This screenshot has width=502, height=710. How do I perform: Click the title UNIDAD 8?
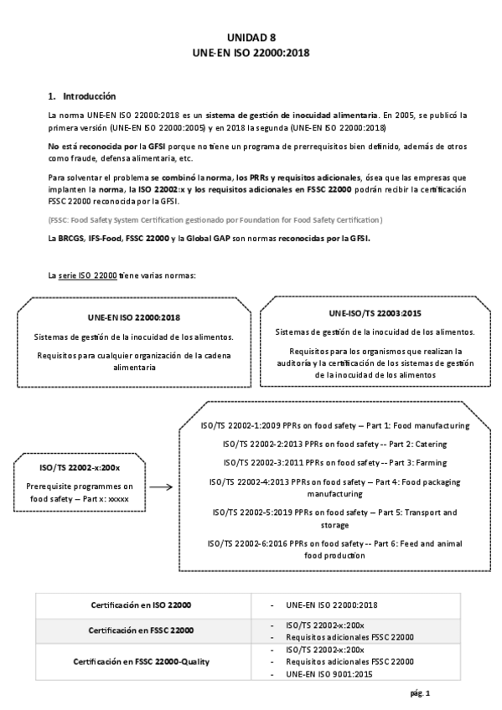tap(251, 37)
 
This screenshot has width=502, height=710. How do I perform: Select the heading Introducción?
tap(86, 95)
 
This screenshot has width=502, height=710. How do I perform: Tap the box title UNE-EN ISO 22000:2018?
tap(134, 318)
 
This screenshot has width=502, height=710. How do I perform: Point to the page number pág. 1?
tap(421, 693)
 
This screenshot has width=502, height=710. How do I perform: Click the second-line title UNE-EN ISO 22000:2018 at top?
tap(251, 52)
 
